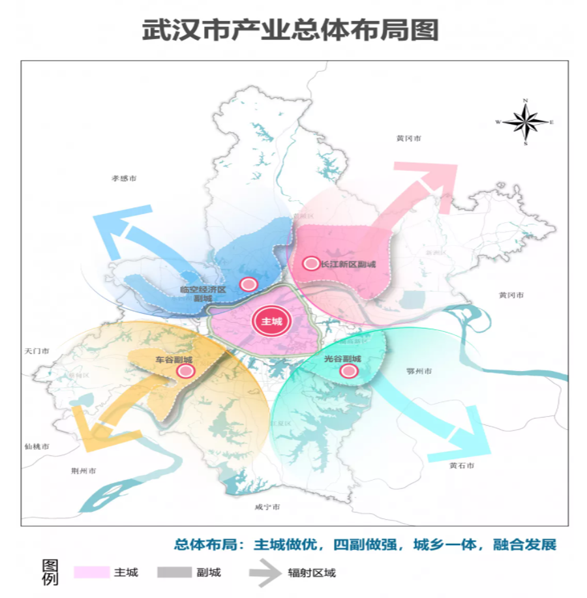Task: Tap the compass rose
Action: click(x=525, y=121)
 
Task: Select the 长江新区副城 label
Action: click(x=348, y=264)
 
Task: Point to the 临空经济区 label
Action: click(x=203, y=289)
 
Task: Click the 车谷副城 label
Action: click(x=173, y=359)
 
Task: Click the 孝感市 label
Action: click(x=124, y=177)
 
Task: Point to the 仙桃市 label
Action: click(x=37, y=447)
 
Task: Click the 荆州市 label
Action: click(x=83, y=470)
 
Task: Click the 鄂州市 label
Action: click(x=419, y=370)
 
